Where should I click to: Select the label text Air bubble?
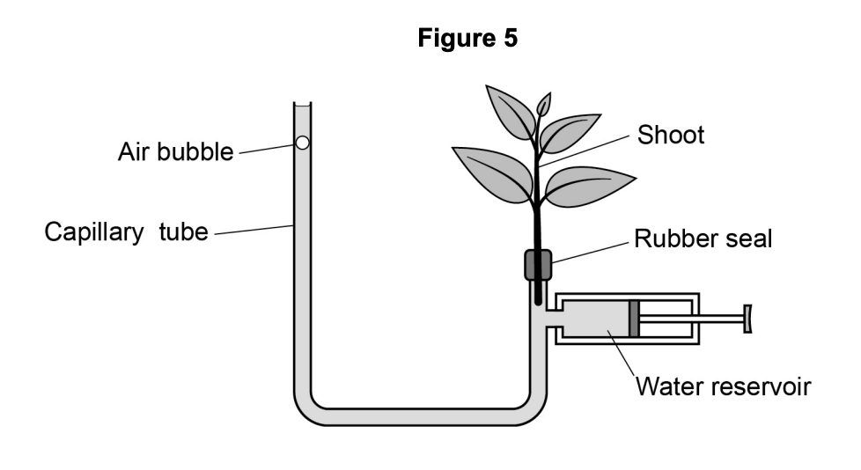tap(175, 152)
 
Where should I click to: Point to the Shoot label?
tap(671, 136)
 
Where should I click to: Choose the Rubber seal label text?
tap(703, 238)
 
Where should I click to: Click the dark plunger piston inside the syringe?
tap(634, 319)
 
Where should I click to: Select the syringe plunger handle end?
tap(748, 319)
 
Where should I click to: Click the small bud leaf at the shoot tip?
tap(544, 105)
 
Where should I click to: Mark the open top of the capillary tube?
tap(302, 106)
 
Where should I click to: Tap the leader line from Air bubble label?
tap(267, 148)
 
